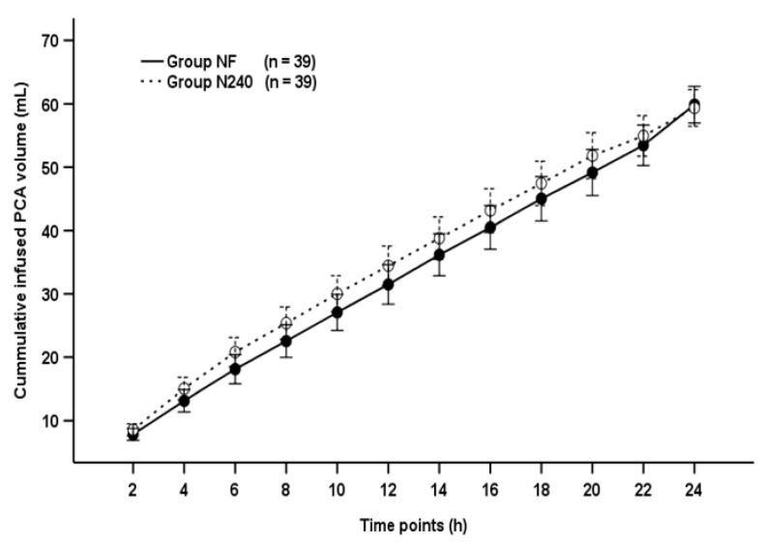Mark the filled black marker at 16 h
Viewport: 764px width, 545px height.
[490, 227]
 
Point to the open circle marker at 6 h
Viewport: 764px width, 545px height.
[235, 352]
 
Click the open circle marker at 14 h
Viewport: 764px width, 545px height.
[439, 238]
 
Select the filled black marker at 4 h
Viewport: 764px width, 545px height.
[184, 401]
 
